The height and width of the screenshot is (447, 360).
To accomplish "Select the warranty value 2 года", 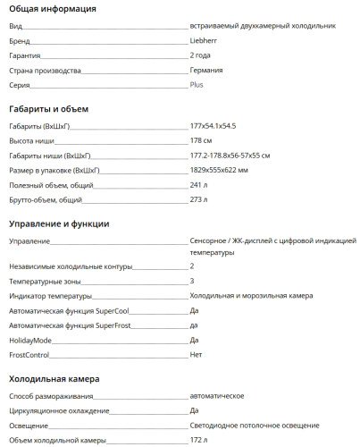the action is tap(201, 55).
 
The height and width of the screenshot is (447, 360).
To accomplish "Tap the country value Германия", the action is tap(207, 70).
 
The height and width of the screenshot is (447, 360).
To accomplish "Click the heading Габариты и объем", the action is tap(48, 109).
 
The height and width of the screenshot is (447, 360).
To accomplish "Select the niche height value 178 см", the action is tap(201, 141).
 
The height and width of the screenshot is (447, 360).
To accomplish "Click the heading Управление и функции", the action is tap(59, 223).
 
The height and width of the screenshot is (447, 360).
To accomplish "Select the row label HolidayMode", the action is tap(30, 340).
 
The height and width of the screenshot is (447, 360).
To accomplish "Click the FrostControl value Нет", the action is tap(197, 354).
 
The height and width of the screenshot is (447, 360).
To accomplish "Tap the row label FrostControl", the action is tap(29, 354).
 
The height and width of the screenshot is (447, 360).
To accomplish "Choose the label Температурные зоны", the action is tap(45, 281).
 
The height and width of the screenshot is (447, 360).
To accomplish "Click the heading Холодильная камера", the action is tap(54, 379).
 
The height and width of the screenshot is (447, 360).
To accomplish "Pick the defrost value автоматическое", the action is tap(218, 396).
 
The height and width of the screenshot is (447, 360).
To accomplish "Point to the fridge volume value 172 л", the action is tap(198, 440).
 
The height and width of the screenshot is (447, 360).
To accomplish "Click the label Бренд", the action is tap(19, 41).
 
